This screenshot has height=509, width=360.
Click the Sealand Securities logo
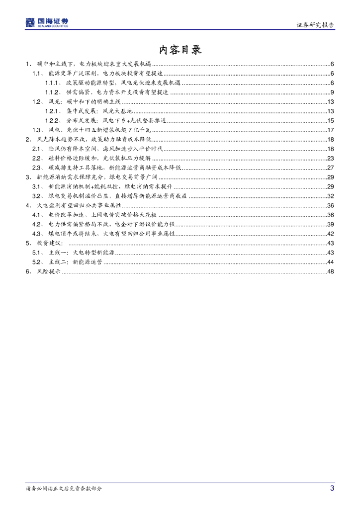click(47, 22)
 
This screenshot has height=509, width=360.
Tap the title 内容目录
click(180, 50)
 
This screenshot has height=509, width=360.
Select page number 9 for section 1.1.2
click(332, 92)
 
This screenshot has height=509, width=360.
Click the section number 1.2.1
click(53, 111)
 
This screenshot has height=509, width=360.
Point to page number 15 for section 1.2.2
click(330, 121)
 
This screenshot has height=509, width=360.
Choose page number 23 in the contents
click(330, 158)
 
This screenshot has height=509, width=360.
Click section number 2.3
click(37, 168)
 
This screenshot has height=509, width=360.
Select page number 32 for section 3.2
click(330, 196)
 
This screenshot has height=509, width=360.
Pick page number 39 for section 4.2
click(330, 224)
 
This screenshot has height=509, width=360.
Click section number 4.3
click(37, 234)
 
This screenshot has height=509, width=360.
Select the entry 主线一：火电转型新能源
click(82, 253)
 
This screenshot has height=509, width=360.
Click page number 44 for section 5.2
click(330, 262)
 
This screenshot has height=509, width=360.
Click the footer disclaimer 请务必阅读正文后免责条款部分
click(64, 489)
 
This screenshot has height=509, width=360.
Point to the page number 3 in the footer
click(332, 488)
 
